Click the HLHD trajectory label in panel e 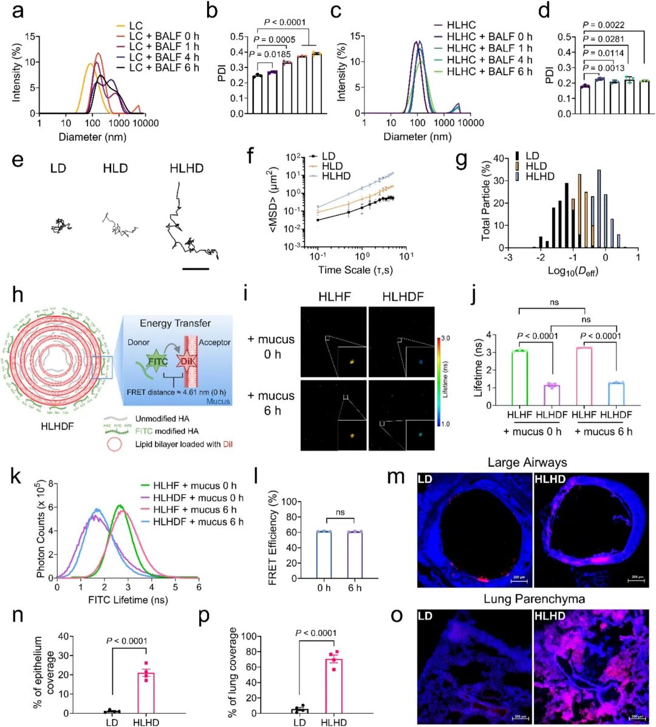[x=186, y=167]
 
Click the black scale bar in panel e [x=195, y=268]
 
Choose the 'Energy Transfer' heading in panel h [x=176, y=323]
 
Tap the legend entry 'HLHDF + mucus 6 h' [x=199, y=522]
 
